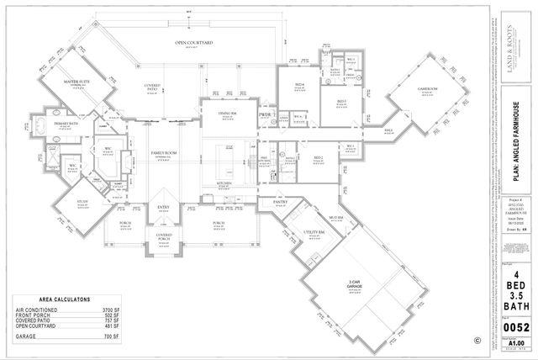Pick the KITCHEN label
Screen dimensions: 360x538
(x=223, y=183)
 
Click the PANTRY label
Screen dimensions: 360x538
(x=281, y=202)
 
